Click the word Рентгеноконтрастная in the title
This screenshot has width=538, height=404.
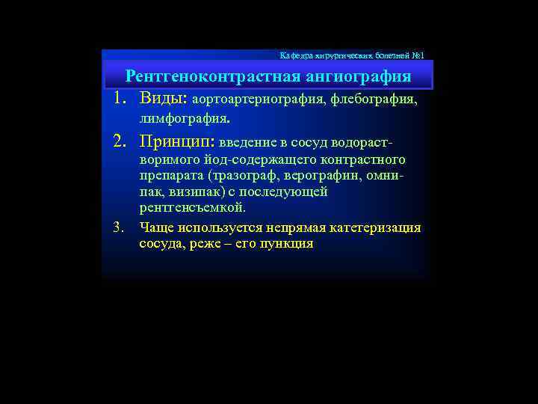(x=214, y=77)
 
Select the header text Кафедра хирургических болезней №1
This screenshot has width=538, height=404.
(x=352, y=55)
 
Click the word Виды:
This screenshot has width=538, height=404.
(x=164, y=99)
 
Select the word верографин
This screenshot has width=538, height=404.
(x=326, y=176)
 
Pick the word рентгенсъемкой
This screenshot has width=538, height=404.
(x=192, y=208)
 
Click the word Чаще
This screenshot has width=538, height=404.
(x=155, y=227)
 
